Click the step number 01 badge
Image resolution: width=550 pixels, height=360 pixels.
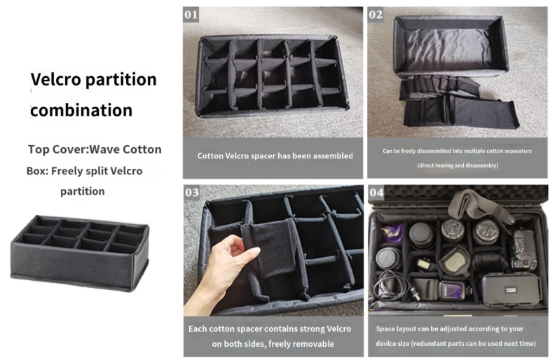(x=191, y=15)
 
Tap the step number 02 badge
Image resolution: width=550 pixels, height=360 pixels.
(x=376, y=15)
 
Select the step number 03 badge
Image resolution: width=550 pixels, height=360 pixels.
(x=191, y=193)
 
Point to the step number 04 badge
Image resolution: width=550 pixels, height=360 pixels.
(x=376, y=193)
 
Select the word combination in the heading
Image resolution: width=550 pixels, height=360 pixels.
(x=81, y=110)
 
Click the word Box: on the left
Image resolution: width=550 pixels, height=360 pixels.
(x=37, y=171)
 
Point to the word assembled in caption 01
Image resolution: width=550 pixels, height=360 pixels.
(x=333, y=156)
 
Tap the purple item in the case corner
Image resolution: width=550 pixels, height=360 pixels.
(x=392, y=233)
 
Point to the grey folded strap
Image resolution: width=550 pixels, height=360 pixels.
(x=480, y=205)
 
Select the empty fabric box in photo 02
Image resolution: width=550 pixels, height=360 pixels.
(x=451, y=46)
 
